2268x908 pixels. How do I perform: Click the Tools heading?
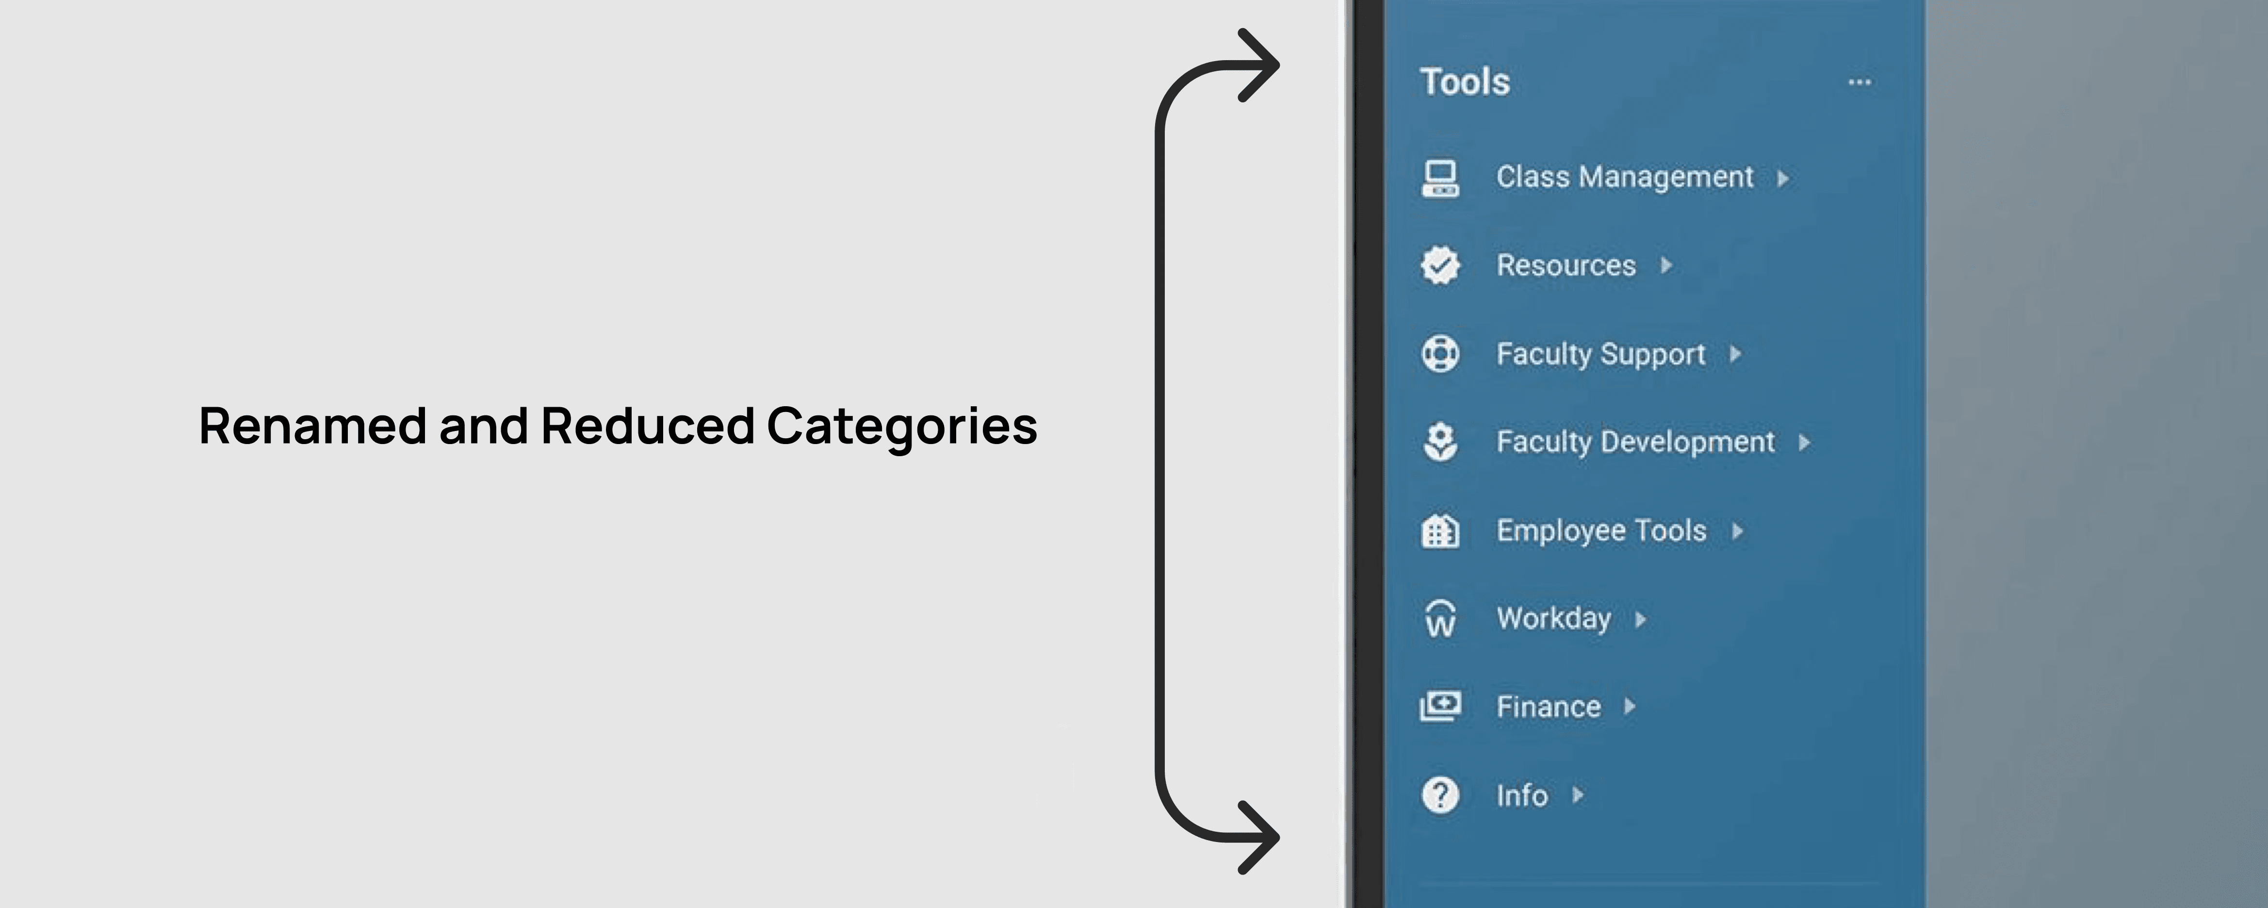coord(1465,82)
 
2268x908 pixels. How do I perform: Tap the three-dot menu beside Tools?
coord(1860,82)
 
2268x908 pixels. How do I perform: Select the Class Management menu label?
coord(1624,177)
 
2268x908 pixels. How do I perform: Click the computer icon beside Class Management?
coord(1440,178)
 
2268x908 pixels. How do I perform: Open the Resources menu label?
coord(1566,265)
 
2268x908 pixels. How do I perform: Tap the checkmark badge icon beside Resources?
coord(1440,265)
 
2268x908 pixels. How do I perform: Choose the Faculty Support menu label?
coord(1600,354)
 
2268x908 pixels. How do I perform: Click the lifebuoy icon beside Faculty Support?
coord(1440,354)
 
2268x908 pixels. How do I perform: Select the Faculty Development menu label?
coord(1635,441)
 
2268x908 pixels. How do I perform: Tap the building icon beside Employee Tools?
coord(1440,530)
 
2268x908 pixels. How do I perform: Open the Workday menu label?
coord(1554,618)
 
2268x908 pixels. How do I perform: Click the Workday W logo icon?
coord(1440,618)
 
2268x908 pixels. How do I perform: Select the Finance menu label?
coord(1549,706)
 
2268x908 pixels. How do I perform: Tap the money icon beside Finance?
coord(1440,706)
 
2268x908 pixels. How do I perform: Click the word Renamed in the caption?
coord(312,426)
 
